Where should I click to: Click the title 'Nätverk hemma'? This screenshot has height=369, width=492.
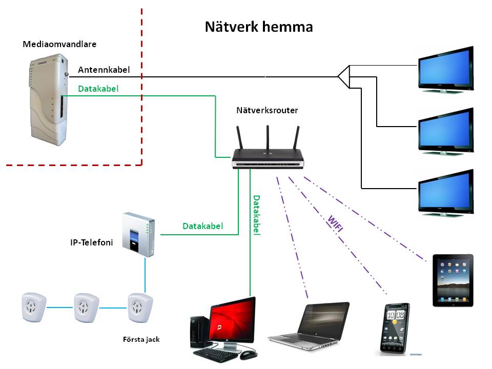pos(259,27)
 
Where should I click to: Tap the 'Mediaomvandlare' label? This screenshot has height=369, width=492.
pos(59,44)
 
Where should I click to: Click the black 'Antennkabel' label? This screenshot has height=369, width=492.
pos(104,70)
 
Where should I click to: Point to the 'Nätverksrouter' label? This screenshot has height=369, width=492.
pos(267,110)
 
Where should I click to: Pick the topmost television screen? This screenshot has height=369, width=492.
pos(445,69)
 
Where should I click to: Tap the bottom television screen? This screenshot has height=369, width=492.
pos(445,191)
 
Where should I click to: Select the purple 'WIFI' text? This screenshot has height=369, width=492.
pos(335,224)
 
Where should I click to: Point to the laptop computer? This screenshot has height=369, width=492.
pos(313,325)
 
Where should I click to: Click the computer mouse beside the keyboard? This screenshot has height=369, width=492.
pos(248,355)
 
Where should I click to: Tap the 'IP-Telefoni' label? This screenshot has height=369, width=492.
pos(92,241)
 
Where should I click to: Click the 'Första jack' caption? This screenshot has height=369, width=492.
pos(141,339)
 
